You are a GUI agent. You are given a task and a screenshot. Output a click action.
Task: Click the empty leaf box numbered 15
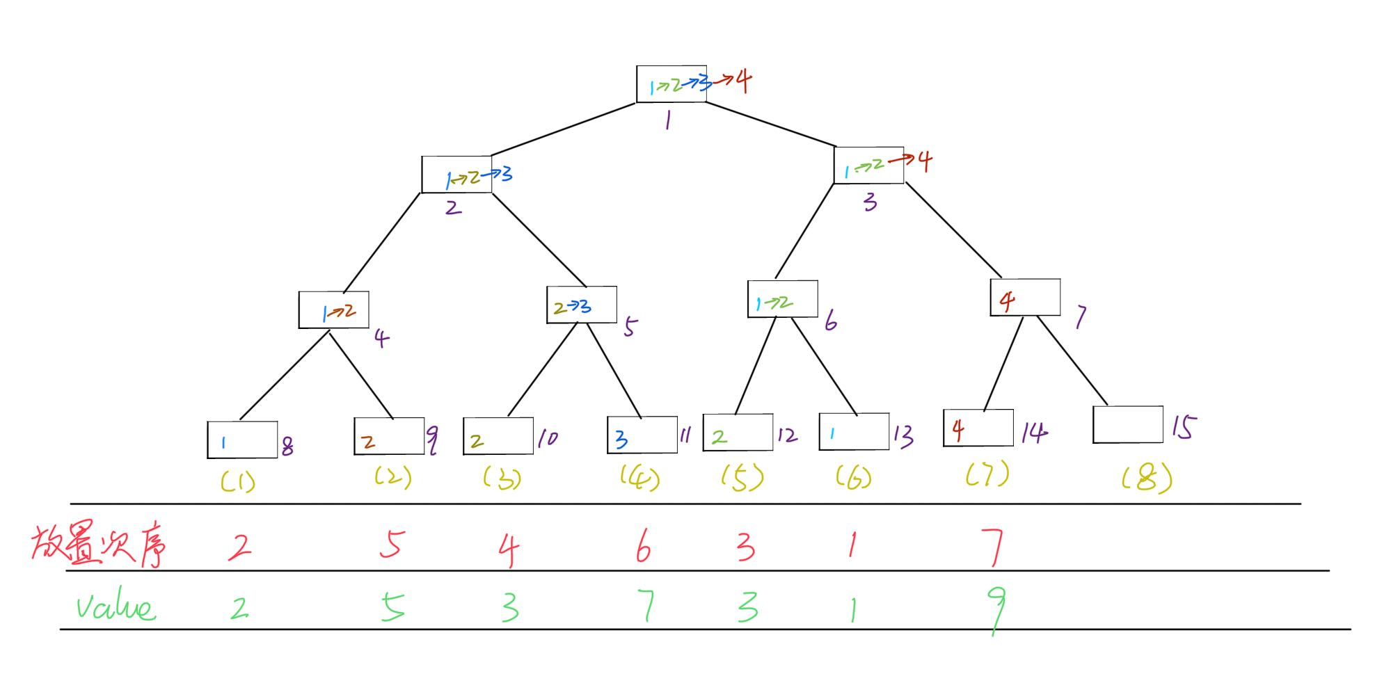coord(1127,424)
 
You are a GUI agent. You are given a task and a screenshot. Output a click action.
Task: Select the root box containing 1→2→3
coord(671,84)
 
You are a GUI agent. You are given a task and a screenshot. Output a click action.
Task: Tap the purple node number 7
coord(1080,318)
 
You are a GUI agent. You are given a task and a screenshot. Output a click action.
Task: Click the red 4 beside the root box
coord(743,81)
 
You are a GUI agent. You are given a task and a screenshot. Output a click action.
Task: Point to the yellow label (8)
coord(1147,479)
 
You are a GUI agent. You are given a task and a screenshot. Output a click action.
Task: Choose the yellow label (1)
coord(238,481)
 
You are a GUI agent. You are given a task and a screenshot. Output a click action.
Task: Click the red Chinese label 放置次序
coord(99,546)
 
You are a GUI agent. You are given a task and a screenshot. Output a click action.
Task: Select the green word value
coord(116,606)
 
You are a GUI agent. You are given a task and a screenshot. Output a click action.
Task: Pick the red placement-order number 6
coord(643,547)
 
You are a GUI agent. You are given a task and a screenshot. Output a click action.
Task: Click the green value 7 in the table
coord(646,606)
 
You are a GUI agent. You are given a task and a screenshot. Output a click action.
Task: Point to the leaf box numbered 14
coord(978,428)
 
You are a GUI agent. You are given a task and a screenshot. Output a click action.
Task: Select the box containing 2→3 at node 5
coord(581,305)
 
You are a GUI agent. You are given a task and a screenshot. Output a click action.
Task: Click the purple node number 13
coord(903,436)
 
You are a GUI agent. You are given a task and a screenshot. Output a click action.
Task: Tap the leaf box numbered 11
coord(642,435)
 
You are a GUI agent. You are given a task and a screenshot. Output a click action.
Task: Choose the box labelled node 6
coord(782,299)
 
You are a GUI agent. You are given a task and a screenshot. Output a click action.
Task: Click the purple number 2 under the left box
coord(453,207)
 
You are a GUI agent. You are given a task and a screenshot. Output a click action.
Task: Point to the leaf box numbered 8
coord(241,440)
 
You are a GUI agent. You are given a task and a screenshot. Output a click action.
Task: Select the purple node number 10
coord(547,438)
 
